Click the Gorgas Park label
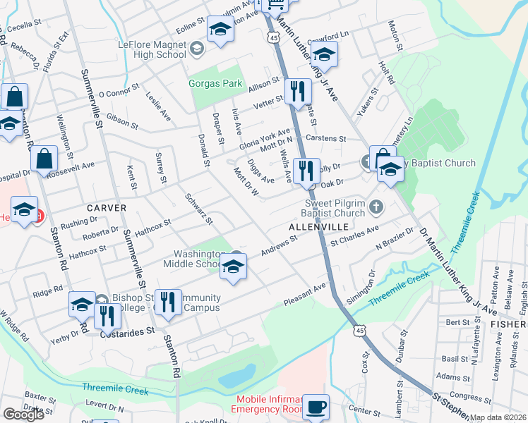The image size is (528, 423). [215, 84]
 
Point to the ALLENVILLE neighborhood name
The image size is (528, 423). [318, 227]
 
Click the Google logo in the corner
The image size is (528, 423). [23, 414]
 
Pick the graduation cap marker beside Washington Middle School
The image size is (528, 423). [233, 266]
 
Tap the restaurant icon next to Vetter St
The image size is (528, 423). [298, 90]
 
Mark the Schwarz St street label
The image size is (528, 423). [198, 209]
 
